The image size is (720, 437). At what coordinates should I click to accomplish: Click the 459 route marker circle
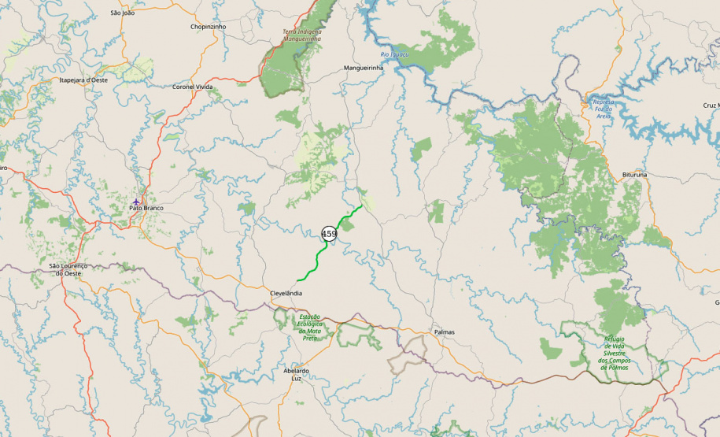click(329, 234)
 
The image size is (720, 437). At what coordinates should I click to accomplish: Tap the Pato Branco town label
click(146, 208)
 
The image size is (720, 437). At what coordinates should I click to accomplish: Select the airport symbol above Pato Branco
click(136, 202)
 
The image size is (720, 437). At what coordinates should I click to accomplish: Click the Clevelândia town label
click(286, 293)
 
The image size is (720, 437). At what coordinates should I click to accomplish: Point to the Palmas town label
click(444, 332)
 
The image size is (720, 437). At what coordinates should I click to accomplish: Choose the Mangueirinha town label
click(363, 68)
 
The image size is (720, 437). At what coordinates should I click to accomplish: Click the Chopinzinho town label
click(208, 26)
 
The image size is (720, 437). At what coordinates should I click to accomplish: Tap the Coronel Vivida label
click(193, 87)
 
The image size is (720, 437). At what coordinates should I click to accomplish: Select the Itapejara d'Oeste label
click(83, 80)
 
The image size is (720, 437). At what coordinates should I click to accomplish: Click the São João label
click(123, 13)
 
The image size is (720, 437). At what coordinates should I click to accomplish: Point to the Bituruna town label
click(634, 174)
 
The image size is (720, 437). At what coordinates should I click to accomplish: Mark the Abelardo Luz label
click(296, 374)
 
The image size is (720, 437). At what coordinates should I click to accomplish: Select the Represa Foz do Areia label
click(603, 109)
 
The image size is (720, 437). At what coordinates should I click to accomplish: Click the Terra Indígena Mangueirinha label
click(302, 35)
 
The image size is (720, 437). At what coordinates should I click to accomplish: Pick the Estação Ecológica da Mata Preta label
click(310, 327)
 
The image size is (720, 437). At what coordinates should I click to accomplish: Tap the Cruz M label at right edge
click(711, 106)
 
